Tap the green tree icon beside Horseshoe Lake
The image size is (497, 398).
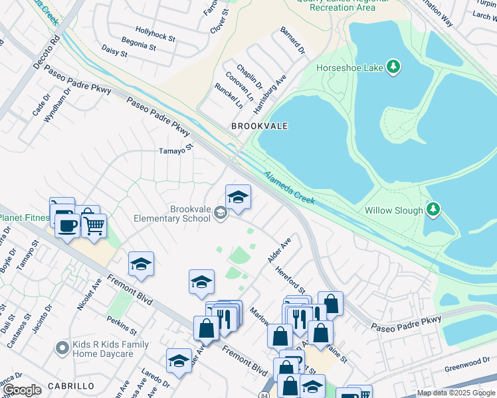(393, 66)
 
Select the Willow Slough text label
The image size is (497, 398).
(393, 210)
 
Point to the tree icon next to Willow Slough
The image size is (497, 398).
(433, 210)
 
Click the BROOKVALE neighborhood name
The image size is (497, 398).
(259, 125)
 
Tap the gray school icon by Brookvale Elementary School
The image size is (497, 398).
(221, 214)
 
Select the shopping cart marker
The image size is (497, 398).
(94, 225)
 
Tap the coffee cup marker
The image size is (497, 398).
(67, 226)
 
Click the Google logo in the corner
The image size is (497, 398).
(22, 390)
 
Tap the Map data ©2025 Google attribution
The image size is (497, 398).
(456, 393)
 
